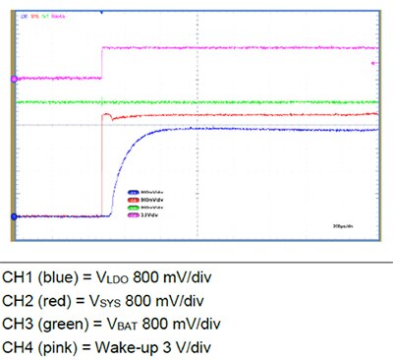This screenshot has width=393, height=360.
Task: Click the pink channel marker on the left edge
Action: (x=14, y=79)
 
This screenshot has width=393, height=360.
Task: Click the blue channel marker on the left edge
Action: (x=14, y=216)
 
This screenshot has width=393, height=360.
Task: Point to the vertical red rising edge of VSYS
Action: (x=102, y=167)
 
